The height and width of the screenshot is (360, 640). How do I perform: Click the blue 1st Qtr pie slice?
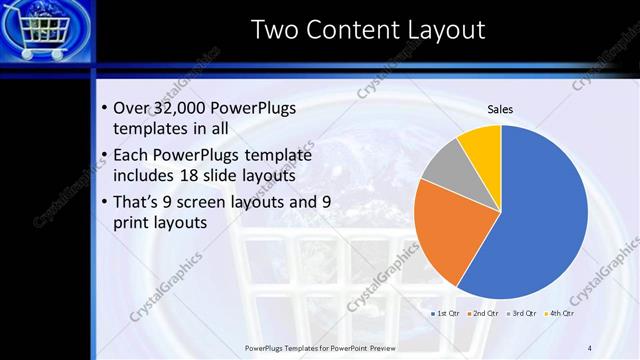point(540,220)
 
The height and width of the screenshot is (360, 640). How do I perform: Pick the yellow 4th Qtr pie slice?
point(481,142)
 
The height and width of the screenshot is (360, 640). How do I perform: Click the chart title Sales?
point(500,109)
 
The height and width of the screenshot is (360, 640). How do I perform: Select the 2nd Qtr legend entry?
point(484,313)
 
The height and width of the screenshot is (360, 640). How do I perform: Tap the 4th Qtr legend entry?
point(560,313)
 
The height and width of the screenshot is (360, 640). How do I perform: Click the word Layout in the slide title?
point(445,30)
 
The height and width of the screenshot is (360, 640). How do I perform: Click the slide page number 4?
point(590,347)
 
